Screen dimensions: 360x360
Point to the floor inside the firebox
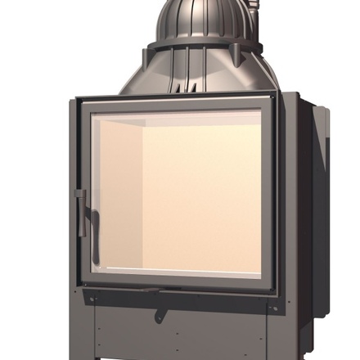coord(180,262)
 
